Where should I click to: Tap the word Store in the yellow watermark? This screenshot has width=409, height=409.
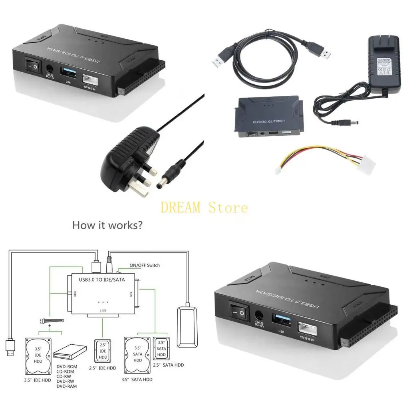click(228, 208)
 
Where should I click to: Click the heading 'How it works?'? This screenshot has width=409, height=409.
click(107, 225)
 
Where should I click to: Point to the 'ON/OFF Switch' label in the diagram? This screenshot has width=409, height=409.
click(144, 265)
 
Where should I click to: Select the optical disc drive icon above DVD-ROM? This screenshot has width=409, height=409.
click(70, 353)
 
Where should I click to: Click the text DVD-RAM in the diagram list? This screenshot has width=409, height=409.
click(66, 386)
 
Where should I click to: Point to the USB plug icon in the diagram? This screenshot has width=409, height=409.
click(10, 347)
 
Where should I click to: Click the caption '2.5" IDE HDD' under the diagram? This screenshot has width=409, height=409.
click(103, 368)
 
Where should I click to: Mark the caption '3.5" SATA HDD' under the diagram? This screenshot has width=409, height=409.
click(137, 379)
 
